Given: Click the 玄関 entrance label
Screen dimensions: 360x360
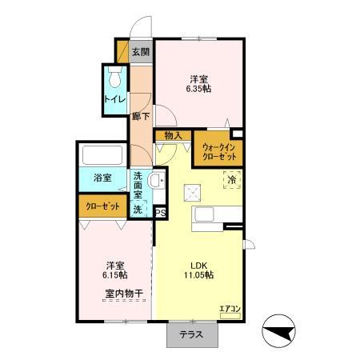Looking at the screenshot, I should pyautogui.click(x=140, y=52).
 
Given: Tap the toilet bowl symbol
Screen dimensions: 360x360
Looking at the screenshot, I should pyautogui.click(x=114, y=78).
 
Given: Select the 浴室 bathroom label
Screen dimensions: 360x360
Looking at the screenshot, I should pyautogui.click(x=101, y=178).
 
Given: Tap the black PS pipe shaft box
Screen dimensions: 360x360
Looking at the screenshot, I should pyautogui.click(x=160, y=212).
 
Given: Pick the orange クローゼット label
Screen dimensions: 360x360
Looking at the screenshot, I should pyautogui.click(x=104, y=206).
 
